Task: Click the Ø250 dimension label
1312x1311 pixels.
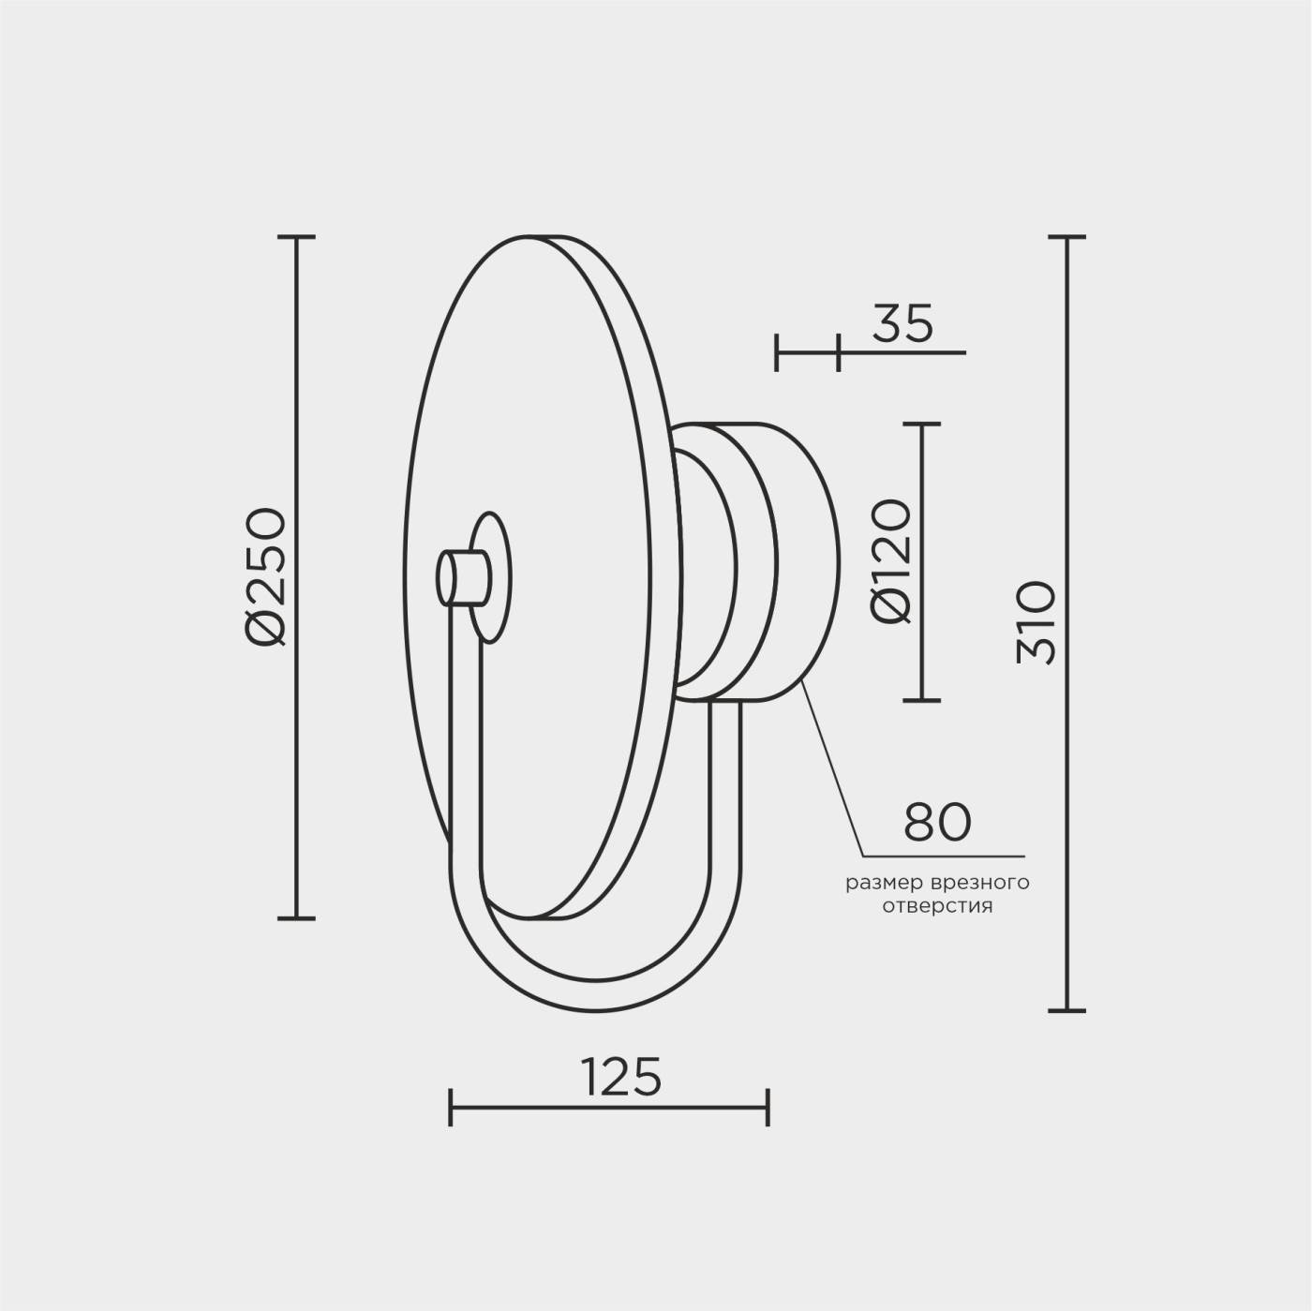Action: tap(265, 575)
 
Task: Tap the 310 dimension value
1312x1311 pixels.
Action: tap(1035, 622)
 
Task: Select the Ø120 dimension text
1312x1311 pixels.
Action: tap(890, 561)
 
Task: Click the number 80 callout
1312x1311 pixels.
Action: tap(937, 822)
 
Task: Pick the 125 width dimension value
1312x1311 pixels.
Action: tap(621, 1076)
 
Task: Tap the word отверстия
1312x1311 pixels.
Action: tap(937, 906)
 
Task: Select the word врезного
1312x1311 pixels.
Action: tap(981, 884)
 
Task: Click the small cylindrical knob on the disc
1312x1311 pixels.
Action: tap(462, 577)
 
